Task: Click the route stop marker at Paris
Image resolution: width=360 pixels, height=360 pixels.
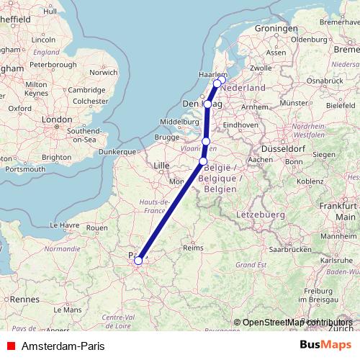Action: (x=138, y=261)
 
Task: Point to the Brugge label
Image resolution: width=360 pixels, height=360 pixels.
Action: (x=166, y=137)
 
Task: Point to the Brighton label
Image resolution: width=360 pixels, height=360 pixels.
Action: (x=58, y=156)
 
